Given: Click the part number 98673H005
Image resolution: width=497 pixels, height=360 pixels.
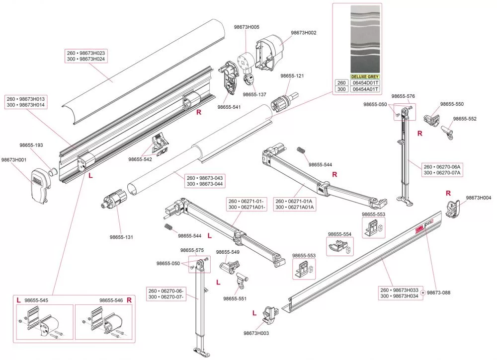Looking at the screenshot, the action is tap(247, 27).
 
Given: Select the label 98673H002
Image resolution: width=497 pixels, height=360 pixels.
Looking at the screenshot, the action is tap(304, 33).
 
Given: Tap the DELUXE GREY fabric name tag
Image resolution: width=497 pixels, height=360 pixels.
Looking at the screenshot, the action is tap(365, 76).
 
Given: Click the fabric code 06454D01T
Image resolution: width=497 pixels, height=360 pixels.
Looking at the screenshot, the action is tap(365, 83).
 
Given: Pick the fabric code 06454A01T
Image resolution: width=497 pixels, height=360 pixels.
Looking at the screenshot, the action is tap(365, 89).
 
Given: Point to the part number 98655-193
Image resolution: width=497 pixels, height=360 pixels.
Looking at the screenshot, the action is tap(31, 145).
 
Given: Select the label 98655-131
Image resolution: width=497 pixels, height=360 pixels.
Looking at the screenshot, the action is tap(121, 237).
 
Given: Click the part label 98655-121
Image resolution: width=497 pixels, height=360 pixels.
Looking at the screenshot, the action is tap(292, 76).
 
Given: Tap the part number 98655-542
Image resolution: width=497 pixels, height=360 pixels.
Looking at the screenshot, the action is tap(140, 159).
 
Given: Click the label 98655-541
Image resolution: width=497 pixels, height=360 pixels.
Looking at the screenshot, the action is tap(229, 107).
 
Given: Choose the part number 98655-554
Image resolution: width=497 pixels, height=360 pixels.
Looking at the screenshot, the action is tap(339, 234).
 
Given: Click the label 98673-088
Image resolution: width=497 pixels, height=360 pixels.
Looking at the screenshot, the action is tap(439, 293).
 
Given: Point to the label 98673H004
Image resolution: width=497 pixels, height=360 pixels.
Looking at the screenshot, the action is tap(479, 198).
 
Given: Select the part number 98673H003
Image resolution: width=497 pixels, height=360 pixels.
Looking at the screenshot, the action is tap(256, 333).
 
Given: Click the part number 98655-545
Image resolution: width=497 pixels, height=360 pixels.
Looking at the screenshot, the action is tap(36, 300).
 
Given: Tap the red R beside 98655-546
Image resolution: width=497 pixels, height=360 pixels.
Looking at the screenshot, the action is tap(129, 300).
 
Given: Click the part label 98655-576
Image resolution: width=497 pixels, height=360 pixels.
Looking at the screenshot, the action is tap(403, 96).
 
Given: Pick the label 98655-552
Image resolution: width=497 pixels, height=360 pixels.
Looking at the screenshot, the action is tap(465, 119).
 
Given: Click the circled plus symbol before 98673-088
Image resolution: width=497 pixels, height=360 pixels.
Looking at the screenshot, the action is tap(422, 293).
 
